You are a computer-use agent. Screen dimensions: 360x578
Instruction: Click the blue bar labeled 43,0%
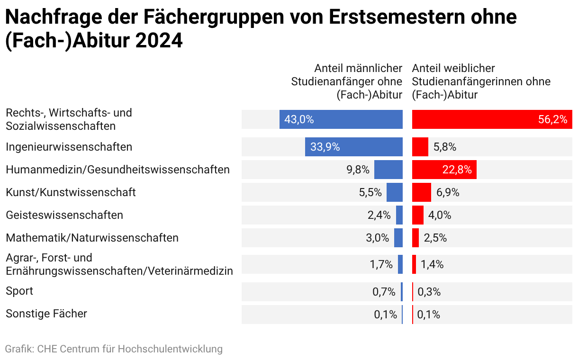click(x=341, y=119)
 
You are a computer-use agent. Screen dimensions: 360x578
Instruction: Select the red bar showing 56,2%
click(x=492, y=119)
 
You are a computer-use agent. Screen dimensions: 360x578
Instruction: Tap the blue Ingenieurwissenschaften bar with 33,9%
click(x=354, y=147)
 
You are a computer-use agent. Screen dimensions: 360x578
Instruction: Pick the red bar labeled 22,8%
click(x=444, y=170)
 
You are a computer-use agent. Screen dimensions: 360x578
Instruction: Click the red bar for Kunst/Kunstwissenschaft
click(x=421, y=192)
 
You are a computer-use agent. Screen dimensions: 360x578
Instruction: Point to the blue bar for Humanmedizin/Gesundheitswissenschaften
click(x=388, y=170)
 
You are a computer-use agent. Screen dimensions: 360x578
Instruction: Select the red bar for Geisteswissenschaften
click(x=417, y=215)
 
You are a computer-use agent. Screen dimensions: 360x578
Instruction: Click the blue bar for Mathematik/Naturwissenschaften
click(x=398, y=238)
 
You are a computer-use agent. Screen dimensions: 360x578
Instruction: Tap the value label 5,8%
click(x=445, y=147)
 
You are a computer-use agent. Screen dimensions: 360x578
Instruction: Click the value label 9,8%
click(x=358, y=170)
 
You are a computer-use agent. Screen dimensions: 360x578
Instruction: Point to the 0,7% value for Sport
click(x=384, y=292)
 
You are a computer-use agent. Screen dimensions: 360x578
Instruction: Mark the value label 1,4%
click(x=432, y=264)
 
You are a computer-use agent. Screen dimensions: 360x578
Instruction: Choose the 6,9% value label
click(x=448, y=192)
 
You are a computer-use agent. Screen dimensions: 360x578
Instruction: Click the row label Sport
click(x=19, y=291)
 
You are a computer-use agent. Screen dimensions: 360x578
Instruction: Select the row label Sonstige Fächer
click(x=46, y=314)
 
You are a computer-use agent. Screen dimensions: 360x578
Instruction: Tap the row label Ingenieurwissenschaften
click(x=69, y=147)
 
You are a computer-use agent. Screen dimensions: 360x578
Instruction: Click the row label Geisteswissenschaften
click(x=64, y=215)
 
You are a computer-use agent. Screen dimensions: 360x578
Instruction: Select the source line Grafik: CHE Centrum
click(x=114, y=349)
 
